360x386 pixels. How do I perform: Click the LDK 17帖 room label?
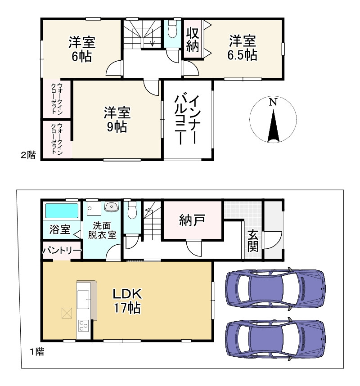click(x=127, y=301)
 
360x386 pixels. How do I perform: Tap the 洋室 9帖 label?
click(x=117, y=119)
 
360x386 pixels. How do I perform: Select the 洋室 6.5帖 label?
click(x=242, y=48)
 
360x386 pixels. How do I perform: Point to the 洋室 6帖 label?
click(x=82, y=49)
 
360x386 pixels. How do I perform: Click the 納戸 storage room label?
click(x=192, y=220)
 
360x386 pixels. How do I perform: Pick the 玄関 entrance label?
click(x=253, y=241)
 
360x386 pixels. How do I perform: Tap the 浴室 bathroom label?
click(x=60, y=229)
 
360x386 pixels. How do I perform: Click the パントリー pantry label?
click(x=62, y=251)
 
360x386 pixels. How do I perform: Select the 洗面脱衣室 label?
click(x=102, y=230)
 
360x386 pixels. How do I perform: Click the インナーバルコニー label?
click(x=187, y=120)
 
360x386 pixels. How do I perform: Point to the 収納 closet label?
click(x=193, y=40)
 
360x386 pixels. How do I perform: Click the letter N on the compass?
click(x=273, y=102)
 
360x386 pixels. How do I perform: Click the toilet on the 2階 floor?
click(x=172, y=29)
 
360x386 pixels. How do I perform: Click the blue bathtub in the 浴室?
click(x=62, y=211)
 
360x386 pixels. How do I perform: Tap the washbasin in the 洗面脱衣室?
click(x=112, y=206)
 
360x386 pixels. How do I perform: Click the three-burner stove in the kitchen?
click(x=83, y=326)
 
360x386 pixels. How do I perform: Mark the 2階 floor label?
click(x=28, y=155)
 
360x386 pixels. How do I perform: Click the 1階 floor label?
click(x=37, y=351)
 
